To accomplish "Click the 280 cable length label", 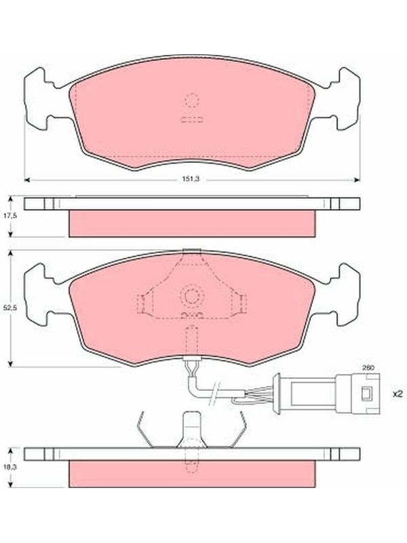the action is (x=368, y=369).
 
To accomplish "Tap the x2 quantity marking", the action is (x=398, y=394).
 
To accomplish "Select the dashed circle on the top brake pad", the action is (x=192, y=100).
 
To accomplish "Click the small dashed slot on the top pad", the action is (x=192, y=119).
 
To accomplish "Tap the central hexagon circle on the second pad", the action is (x=191, y=296).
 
